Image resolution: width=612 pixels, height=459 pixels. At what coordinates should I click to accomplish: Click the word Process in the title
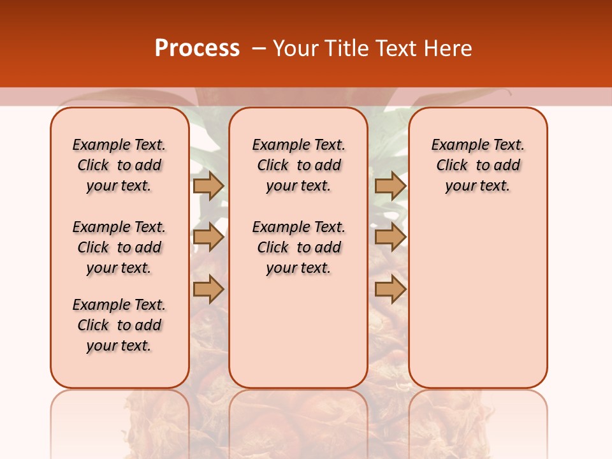[x=197, y=48]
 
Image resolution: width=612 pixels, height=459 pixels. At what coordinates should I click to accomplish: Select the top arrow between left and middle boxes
[x=208, y=186]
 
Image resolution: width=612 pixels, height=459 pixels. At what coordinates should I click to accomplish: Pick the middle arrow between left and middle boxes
[x=208, y=237]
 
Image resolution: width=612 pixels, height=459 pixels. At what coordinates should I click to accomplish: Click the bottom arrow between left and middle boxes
[x=208, y=289]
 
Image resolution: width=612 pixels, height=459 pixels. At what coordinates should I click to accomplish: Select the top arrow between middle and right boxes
[x=390, y=186]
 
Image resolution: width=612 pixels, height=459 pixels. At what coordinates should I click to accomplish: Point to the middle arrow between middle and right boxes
[x=390, y=237]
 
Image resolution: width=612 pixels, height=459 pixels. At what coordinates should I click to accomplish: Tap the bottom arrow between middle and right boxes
[x=390, y=289]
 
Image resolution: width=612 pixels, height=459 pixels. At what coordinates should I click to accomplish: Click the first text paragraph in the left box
[x=119, y=165]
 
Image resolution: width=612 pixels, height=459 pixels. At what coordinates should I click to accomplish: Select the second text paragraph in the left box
[x=119, y=247]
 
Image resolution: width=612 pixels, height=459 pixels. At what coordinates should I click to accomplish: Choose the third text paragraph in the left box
[x=119, y=325]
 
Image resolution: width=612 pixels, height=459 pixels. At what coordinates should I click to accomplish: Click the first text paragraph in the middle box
[x=298, y=165]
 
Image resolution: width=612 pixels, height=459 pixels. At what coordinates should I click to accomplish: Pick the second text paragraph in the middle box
[x=298, y=247]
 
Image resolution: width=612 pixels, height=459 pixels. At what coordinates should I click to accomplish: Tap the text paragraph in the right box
[x=477, y=165]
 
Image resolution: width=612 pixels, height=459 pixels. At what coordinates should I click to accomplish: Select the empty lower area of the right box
[x=477, y=300]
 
